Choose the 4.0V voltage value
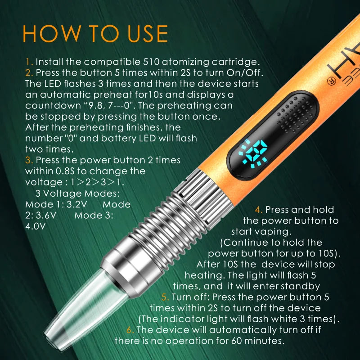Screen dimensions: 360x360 (36, 226)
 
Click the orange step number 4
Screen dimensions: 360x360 (258, 210)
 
